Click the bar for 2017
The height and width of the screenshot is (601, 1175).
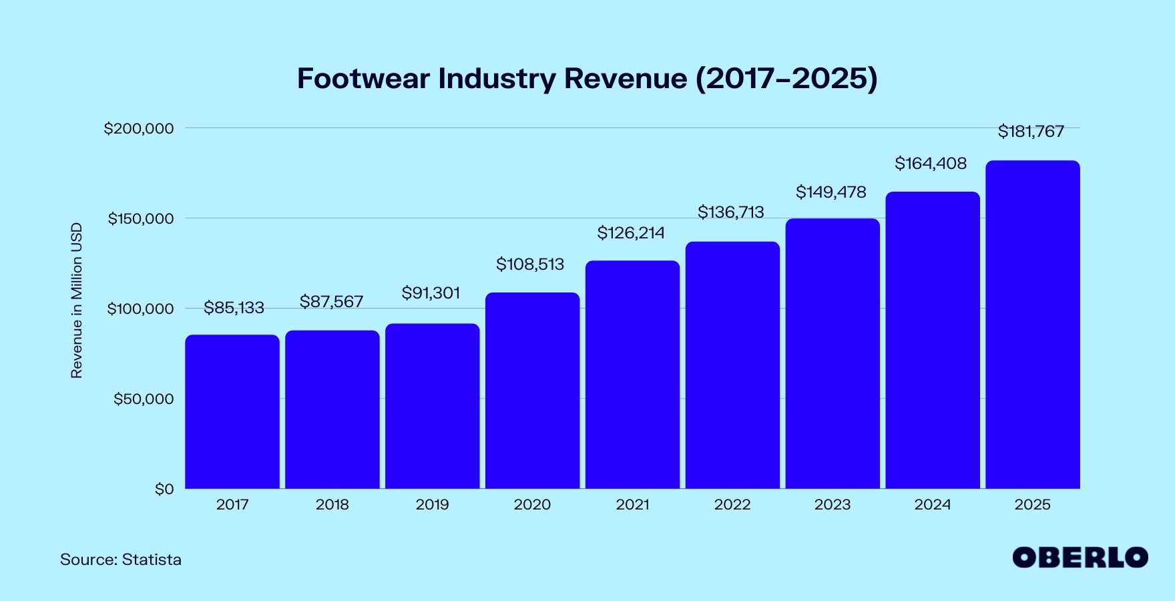(x=232, y=411)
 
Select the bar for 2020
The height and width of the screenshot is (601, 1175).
(x=532, y=391)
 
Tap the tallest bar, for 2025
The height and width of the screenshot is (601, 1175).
(x=1032, y=325)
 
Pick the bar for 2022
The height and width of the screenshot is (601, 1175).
(x=732, y=365)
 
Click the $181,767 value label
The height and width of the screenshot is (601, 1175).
(x=1031, y=132)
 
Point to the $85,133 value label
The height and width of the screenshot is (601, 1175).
(x=234, y=308)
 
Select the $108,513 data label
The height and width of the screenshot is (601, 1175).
(x=530, y=264)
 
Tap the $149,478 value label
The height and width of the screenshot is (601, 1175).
(x=831, y=192)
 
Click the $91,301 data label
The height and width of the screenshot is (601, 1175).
(x=431, y=293)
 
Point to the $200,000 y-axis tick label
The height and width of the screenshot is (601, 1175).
(x=139, y=128)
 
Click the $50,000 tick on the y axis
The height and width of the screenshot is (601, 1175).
(x=144, y=399)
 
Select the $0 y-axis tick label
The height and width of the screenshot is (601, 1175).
(x=164, y=489)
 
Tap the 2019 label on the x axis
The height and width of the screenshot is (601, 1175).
(x=432, y=505)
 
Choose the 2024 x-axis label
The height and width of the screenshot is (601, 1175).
(x=932, y=505)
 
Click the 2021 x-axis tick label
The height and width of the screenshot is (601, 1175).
(x=632, y=505)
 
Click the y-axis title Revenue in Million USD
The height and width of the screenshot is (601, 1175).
(x=77, y=300)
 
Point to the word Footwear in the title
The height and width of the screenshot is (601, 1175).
(x=363, y=79)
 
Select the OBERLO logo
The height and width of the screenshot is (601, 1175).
(x=1080, y=558)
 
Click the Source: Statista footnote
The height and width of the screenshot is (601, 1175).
(x=121, y=560)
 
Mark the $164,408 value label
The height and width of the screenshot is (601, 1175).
(x=931, y=164)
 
